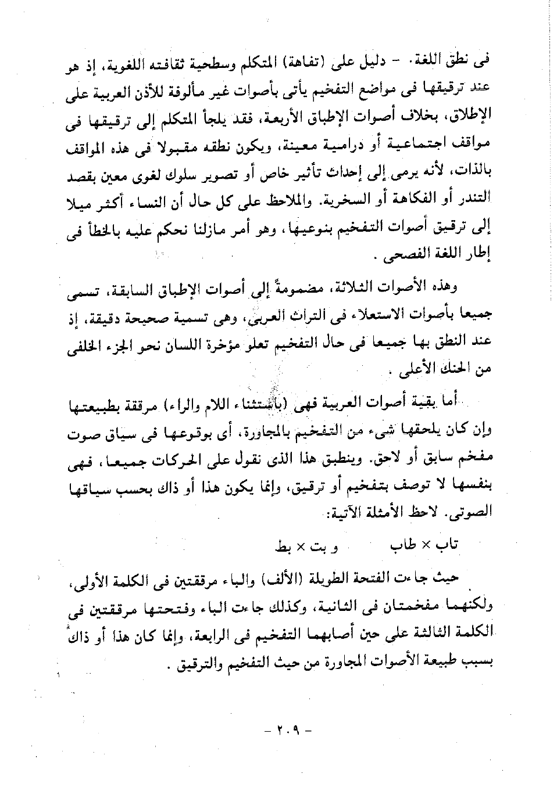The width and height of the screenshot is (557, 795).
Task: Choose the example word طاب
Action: click(404, 546)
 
